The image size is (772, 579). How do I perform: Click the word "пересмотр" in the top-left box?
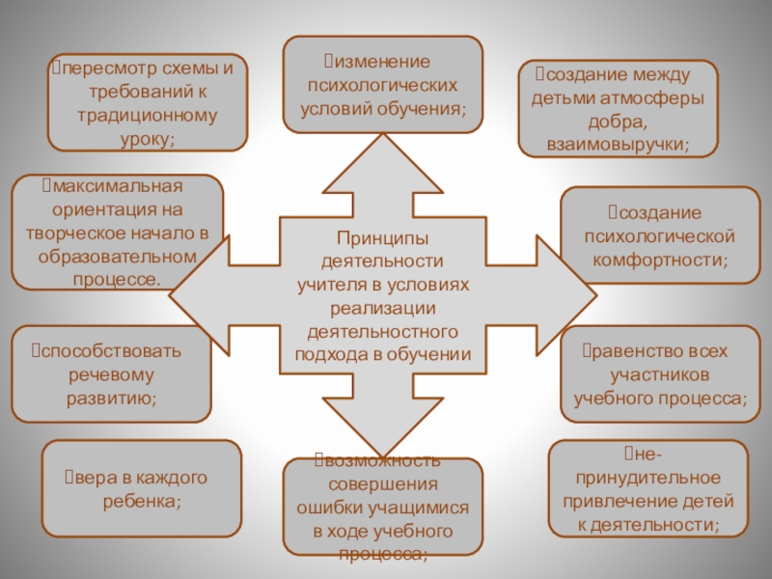click(x=105, y=70)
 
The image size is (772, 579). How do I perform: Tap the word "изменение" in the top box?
click(x=379, y=62)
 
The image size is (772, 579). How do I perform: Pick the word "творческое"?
click(x=83, y=233)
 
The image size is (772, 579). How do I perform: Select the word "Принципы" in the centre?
click(x=382, y=238)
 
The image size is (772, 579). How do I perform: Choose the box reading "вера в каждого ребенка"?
click(x=142, y=488)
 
